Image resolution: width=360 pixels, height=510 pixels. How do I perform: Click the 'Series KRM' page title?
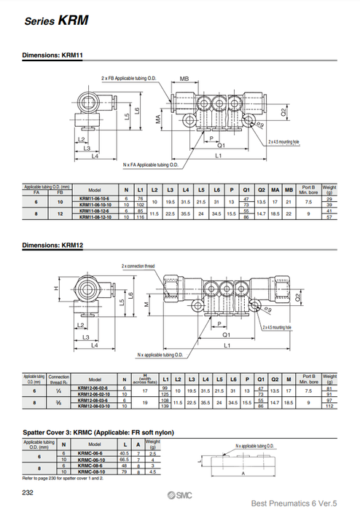click(57, 21)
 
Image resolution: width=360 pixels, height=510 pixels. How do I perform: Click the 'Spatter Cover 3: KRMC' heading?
click(98, 433)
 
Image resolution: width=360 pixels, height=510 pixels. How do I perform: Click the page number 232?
click(26, 493)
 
